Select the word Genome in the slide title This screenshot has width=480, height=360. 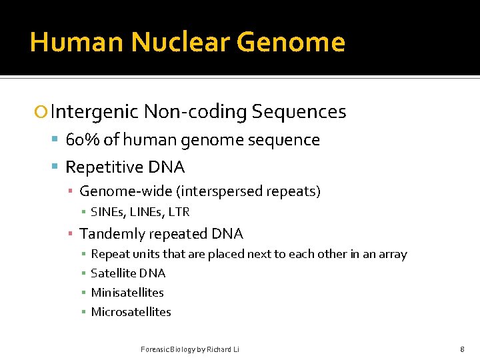(x=291, y=42)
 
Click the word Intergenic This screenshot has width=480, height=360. (x=94, y=112)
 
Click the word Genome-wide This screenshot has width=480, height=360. (x=125, y=192)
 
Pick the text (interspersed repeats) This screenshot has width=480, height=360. (x=248, y=192)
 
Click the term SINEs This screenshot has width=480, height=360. (x=105, y=212)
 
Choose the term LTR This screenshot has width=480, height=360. (x=179, y=212)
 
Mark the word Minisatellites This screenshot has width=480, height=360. (x=127, y=293)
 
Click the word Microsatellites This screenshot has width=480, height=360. (x=131, y=312)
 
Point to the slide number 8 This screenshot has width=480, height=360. (x=462, y=349)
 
